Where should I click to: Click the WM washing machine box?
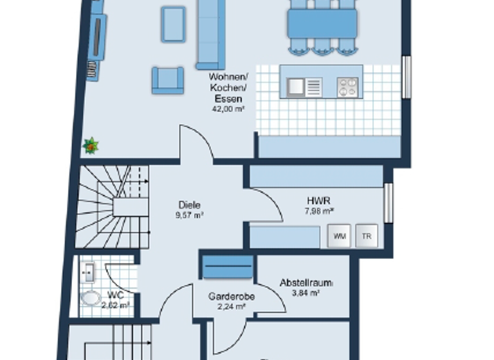[340, 236]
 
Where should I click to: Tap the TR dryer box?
[367, 236]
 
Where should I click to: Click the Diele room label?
[189, 206]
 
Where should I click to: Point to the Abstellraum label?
[306, 283]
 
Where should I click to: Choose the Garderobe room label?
[232, 297]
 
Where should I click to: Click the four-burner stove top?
[347, 86]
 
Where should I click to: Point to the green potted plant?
[91, 146]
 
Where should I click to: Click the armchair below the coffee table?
[167, 80]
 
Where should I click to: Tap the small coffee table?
[173, 24]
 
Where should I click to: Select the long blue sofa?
[211, 33]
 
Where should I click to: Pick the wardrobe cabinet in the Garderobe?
[228, 267]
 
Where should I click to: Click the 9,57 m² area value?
[189, 216]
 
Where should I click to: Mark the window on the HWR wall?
[388, 203]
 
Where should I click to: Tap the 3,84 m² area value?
[306, 293]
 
